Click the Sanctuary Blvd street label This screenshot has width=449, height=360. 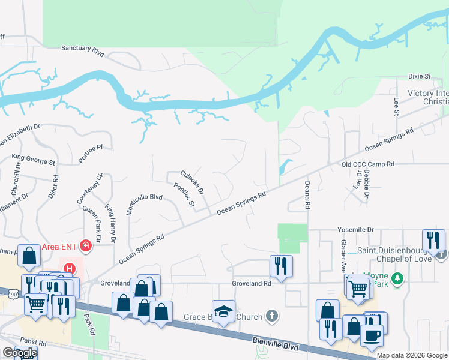click(83, 50)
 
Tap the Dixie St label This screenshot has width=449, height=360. click(420, 77)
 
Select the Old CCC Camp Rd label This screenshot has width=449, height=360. click(367, 164)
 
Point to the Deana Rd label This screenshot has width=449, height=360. click(307, 195)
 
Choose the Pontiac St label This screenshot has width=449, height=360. click(184, 196)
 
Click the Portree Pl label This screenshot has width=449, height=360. click(91, 146)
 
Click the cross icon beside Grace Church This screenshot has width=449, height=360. click(271, 316)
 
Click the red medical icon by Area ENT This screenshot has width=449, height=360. click(85, 245)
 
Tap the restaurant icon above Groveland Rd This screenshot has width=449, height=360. click(281, 265)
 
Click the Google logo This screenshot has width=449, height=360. click(19, 353)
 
